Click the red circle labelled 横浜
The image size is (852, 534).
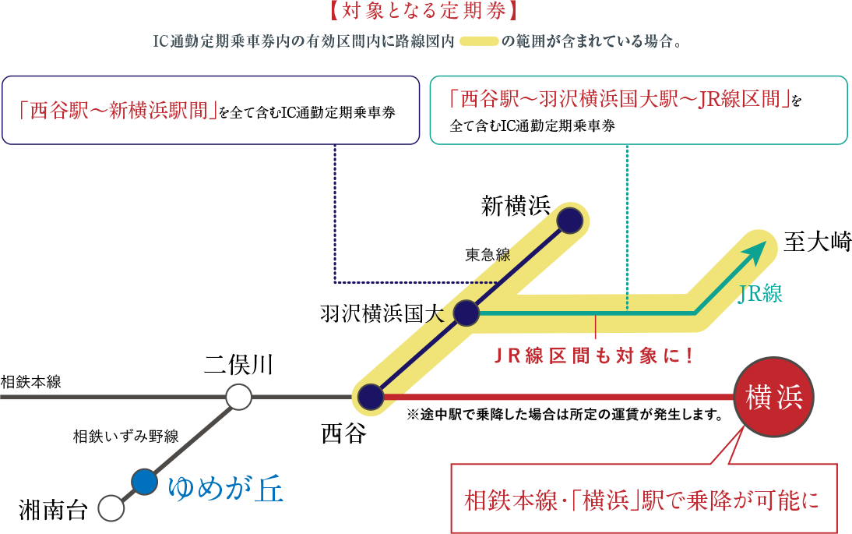[x=773, y=398]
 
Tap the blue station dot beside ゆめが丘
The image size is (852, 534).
[x=144, y=482]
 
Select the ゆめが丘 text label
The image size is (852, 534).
[x=226, y=489]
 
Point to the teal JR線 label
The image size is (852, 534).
[x=760, y=294]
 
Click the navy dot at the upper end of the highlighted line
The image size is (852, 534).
[x=570, y=221]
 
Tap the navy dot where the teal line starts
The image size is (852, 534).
[x=466, y=313]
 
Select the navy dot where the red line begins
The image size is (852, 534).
[x=371, y=397]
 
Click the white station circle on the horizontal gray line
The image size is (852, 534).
[x=239, y=397]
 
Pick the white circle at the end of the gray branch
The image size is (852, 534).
[x=111, y=508]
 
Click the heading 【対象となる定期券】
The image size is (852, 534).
[x=424, y=12]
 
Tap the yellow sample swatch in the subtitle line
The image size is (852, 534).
[x=478, y=41]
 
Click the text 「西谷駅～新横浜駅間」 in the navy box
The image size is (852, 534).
[x=117, y=110]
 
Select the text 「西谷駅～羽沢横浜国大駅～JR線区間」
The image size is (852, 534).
[x=620, y=99]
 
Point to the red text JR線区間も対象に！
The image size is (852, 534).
[x=593, y=356]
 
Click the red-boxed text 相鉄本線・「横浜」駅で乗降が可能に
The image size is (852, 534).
[x=643, y=500]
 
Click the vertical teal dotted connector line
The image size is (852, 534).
[x=627, y=226]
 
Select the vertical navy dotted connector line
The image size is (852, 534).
[x=335, y=210]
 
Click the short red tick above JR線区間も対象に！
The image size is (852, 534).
[x=596, y=327]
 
